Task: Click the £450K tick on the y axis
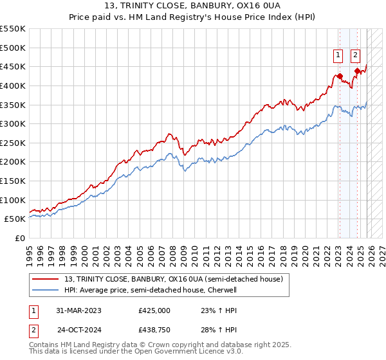pyautogui.click(x=13, y=67)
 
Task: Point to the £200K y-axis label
pyautogui.click(x=13, y=162)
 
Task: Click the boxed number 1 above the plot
pyautogui.click(x=338, y=55)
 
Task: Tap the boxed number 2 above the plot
pyautogui.click(x=355, y=55)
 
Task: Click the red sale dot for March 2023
pyautogui.click(x=340, y=76)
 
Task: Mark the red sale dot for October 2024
pyautogui.click(x=357, y=71)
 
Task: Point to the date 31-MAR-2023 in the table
pyautogui.click(x=79, y=310)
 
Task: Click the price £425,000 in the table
pyautogui.click(x=154, y=310)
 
